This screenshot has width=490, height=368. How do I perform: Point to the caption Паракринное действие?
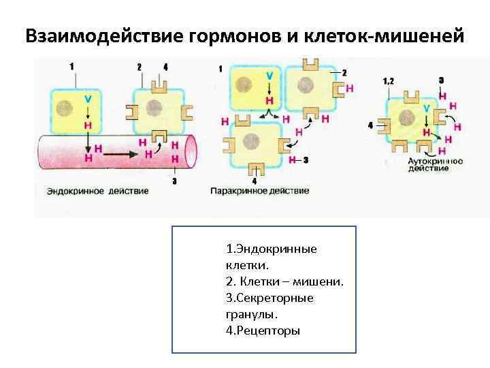259,191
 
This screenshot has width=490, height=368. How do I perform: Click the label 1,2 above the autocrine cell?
388,81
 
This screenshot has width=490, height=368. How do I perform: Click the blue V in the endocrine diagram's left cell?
87,99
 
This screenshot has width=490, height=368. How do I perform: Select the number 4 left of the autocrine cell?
370,126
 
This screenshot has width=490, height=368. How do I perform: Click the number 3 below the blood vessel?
175,181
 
